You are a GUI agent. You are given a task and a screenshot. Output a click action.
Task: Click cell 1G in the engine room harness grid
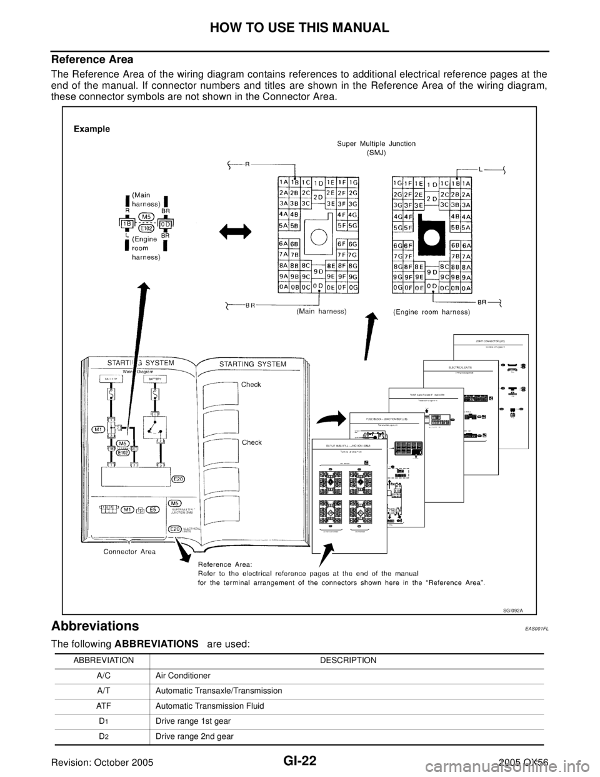397,183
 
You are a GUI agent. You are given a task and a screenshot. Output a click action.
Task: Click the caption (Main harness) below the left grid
322,312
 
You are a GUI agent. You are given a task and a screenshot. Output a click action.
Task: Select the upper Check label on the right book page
251,385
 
